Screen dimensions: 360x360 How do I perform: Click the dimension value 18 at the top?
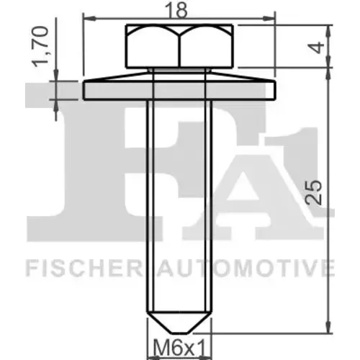[179, 10]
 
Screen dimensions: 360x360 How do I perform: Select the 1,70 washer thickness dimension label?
[40, 47]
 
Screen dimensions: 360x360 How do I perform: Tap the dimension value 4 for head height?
[318, 48]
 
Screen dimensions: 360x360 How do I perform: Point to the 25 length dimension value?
[314, 192]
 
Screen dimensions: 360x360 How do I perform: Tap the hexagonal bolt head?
[179, 46]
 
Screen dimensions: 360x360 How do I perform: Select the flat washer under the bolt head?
[179, 91]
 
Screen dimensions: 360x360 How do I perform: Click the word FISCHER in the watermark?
[84, 267]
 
